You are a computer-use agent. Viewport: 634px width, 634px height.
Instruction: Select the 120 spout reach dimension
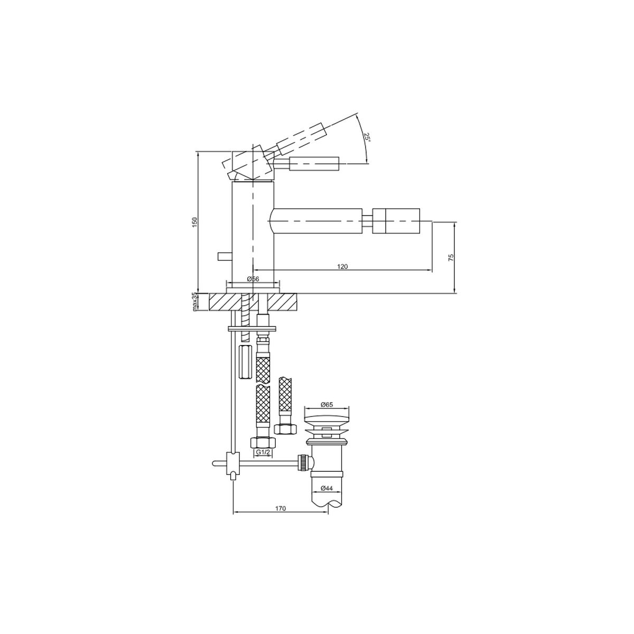coord(342,266)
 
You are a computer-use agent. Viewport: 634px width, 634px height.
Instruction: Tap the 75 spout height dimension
coord(451,257)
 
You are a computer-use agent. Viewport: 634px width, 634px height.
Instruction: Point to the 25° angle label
coord(367,137)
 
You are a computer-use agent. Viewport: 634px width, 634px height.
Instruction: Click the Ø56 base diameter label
coord(253,278)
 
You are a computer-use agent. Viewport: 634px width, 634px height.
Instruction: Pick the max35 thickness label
coord(194,302)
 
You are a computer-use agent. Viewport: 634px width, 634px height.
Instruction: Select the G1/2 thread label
coord(263,452)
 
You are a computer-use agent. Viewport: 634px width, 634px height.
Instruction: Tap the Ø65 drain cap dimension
coord(327,404)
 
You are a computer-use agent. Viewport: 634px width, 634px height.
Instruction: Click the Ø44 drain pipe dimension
coord(327,498)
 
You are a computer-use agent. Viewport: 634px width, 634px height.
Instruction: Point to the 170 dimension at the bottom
coord(281,518)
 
